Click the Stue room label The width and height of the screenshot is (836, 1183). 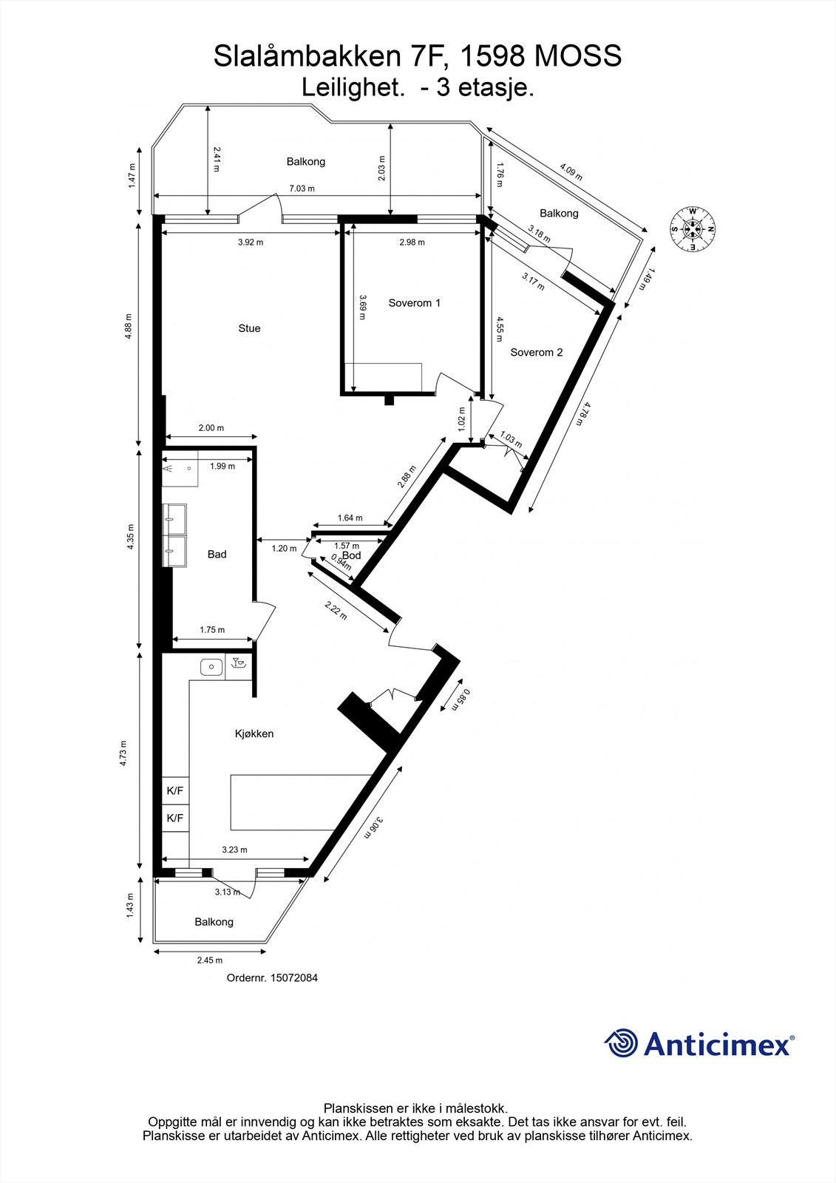[249, 328]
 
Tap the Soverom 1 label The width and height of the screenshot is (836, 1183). [415, 302]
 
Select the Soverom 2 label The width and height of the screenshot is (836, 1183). [537, 352]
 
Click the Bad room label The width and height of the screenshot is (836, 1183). [217, 554]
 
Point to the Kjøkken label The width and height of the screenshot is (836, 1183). [254, 733]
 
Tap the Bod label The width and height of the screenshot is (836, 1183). [352, 555]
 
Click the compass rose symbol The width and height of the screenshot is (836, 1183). [692, 228]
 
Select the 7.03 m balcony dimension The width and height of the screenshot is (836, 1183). [301, 189]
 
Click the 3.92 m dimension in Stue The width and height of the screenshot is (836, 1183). [251, 243]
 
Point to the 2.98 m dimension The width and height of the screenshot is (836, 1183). [412, 243]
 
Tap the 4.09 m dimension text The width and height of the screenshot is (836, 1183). [571, 172]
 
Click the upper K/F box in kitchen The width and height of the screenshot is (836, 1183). [175, 790]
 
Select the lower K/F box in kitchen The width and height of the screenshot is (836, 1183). [175, 818]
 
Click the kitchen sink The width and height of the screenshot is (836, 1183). [211, 667]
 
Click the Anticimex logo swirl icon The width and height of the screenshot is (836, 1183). [621, 1043]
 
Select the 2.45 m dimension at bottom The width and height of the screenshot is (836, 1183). [209, 960]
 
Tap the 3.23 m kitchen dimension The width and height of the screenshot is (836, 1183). [234, 850]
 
